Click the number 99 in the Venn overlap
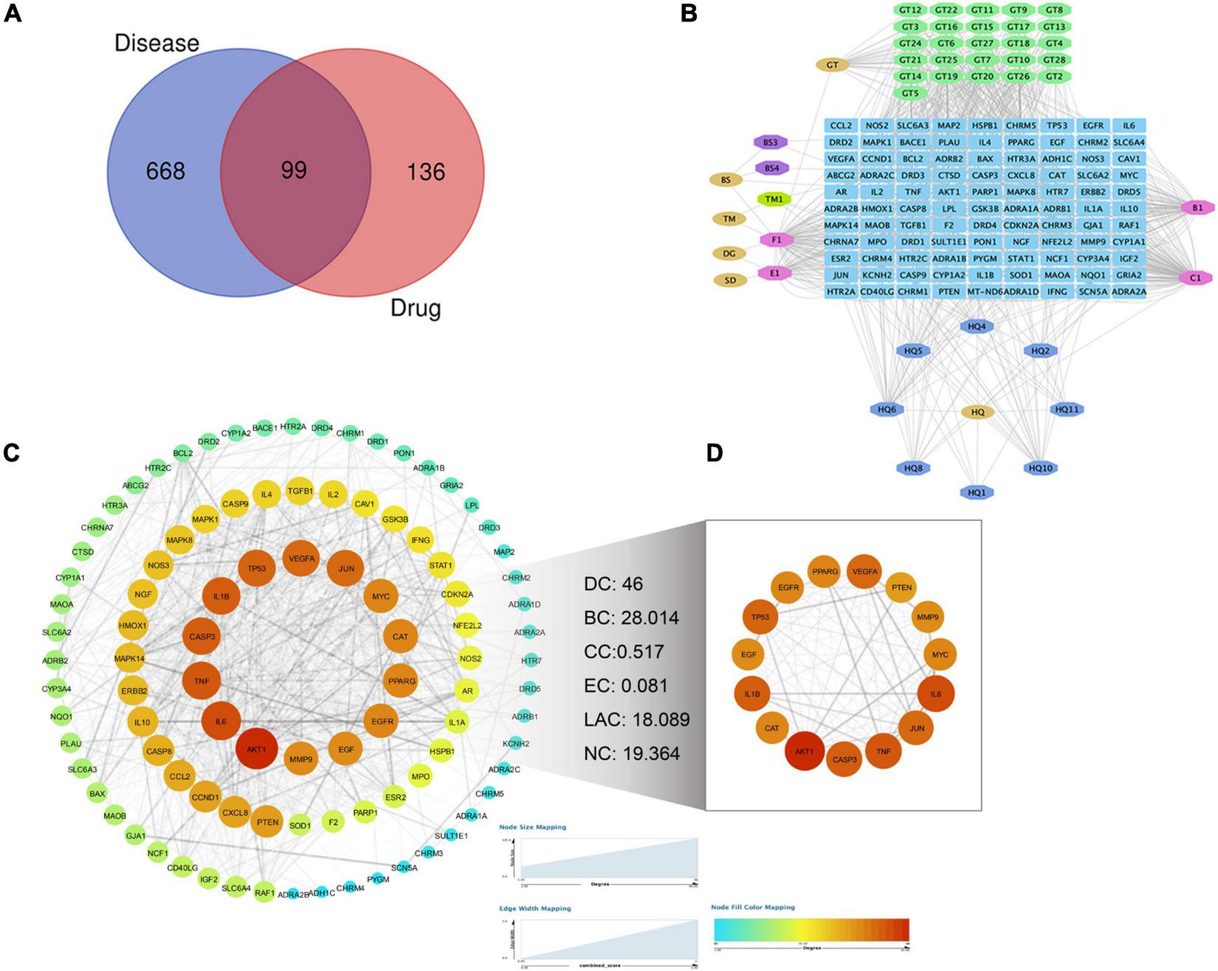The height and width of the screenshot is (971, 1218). click(x=294, y=170)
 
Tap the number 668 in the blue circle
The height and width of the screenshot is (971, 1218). click(x=165, y=171)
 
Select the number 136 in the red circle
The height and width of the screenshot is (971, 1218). click(x=426, y=172)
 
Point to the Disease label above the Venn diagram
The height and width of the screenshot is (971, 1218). click(x=156, y=43)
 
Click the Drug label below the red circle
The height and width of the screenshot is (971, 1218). click(x=416, y=308)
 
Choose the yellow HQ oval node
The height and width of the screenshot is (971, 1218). click(x=978, y=412)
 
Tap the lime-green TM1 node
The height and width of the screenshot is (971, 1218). click(x=774, y=199)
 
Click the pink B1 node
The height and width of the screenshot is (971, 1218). click(x=1197, y=208)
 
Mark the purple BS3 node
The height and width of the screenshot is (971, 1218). click(x=771, y=142)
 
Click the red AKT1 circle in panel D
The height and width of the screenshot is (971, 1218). click(x=805, y=751)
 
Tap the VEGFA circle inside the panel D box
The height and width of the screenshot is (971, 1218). click(x=865, y=572)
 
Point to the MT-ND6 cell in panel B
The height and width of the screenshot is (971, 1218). click(x=985, y=292)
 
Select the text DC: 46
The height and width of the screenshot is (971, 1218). click(x=613, y=584)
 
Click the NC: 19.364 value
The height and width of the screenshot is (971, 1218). click(x=631, y=753)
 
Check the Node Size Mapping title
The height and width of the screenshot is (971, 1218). click(x=532, y=827)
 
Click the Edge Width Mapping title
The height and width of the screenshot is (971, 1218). click(x=535, y=908)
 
